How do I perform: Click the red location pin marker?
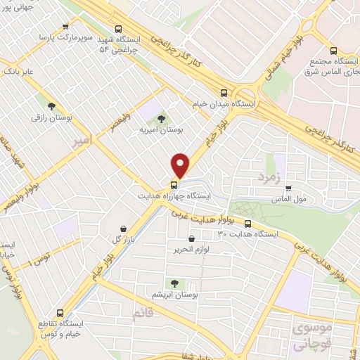point(181,165)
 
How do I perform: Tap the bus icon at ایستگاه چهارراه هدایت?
point(172,186)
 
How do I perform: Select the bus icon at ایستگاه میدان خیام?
point(224,92)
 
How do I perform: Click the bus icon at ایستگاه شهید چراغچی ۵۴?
point(118,29)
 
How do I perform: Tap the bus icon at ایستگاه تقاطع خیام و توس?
point(60,312)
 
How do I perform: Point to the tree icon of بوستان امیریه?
point(161,118)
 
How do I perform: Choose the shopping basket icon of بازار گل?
point(124,229)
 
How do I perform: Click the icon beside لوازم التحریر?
point(191,239)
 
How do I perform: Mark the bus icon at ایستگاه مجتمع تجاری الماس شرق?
point(333,50)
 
